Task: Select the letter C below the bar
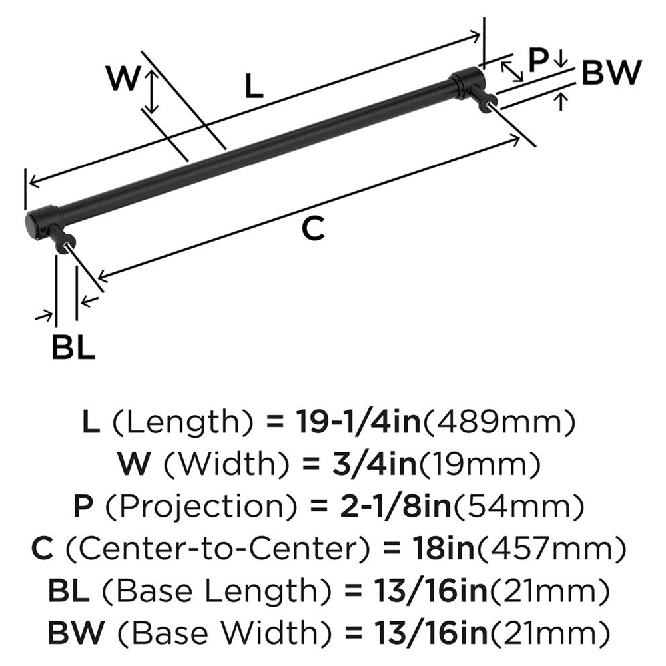coord(312,229)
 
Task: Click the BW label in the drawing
coord(611,73)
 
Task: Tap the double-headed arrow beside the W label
coord(153,93)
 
